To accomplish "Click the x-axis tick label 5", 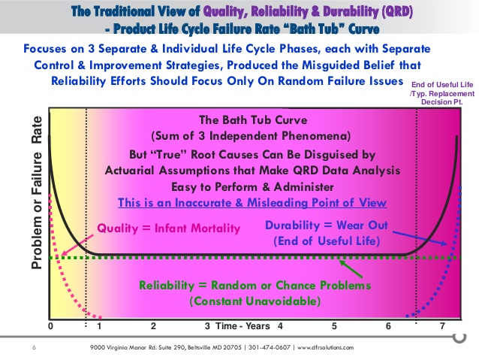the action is [334, 326].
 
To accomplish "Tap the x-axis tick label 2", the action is [153, 326].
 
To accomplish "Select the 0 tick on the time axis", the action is [51, 326].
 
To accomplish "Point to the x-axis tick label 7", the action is [442, 326].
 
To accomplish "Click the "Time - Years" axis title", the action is [243, 326].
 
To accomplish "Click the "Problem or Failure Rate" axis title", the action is [37, 192].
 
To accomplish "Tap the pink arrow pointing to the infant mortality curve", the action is [77, 245].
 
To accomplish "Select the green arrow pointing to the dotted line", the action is [351, 268].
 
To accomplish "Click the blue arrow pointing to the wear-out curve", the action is [420, 238].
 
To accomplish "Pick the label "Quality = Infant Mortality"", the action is [169, 228].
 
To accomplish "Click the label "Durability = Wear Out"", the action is [327, 225].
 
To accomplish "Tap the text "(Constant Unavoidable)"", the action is [255, 301].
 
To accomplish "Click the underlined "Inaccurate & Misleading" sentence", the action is [252, 202].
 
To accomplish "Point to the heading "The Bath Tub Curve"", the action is [253, 120].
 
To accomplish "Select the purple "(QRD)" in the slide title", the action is [397, 11].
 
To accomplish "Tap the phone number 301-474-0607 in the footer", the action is [269, 347].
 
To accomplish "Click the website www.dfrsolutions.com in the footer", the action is [325, 347].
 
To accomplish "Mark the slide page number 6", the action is [34, 347].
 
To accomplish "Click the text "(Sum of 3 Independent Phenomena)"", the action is [251, 136].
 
